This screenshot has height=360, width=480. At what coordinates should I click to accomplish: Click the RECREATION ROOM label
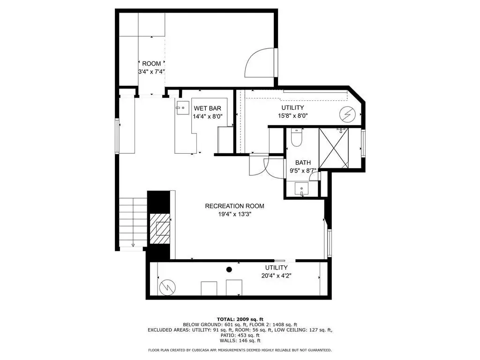click(234, 206)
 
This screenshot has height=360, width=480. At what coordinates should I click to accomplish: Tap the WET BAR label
click(207, 108)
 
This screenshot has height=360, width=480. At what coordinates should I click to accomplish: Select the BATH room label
click(303, 163)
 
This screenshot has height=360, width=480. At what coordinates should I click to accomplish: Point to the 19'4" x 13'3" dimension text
click(234, 214)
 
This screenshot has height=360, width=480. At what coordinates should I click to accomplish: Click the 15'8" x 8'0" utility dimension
click(292, 116)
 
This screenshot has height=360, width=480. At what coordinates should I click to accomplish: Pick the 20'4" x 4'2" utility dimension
click(276, 276)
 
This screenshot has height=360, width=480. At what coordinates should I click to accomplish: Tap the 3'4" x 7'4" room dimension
click(151, 72)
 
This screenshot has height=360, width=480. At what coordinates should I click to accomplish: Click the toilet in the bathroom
click(296, 137)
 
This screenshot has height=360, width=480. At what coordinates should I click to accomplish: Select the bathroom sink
click(301, 188)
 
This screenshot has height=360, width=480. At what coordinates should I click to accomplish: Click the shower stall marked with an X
click(334, 148)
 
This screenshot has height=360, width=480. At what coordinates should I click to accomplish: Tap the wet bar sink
click(182, 108)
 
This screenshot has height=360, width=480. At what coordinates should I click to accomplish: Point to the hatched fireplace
click(160, 229)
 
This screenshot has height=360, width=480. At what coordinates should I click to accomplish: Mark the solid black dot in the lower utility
click(229, 270)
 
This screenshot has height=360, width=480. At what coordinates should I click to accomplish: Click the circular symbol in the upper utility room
click(347, 114)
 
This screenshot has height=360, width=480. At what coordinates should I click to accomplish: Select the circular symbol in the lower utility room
click(167, 287)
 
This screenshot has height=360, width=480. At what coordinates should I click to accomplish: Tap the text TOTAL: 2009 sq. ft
click(240, 319)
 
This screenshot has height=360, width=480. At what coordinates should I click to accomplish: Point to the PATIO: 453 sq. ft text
click(240, 335)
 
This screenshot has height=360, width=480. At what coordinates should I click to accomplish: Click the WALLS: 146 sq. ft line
click(240, 340)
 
